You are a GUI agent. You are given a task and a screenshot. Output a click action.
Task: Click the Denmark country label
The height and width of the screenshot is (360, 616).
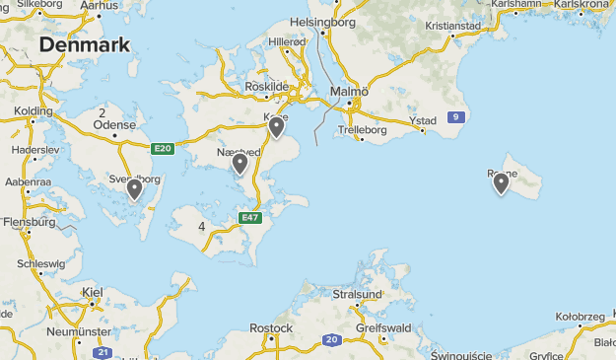tap(85, 46)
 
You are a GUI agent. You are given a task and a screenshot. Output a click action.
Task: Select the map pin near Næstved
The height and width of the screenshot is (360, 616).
tap(240, 164)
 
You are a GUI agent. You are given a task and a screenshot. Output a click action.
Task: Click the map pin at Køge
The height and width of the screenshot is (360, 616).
tap(277, 126)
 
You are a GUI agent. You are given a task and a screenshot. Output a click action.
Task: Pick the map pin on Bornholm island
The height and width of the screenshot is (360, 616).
tap(501, 182)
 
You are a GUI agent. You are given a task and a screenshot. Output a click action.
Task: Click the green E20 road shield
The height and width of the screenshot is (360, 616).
tap(164, 149)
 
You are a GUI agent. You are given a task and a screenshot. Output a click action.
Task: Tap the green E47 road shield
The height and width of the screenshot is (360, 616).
tap(250, 217)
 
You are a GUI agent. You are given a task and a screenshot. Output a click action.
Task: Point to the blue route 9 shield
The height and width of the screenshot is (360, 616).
tap(454, 117)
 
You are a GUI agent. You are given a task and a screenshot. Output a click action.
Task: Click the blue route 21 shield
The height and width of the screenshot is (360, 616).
tap(101, 352)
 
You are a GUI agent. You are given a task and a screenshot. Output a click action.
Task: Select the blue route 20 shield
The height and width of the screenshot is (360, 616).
tap(331, 340)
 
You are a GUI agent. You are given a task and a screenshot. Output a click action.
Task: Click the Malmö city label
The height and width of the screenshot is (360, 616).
tap(349, 92)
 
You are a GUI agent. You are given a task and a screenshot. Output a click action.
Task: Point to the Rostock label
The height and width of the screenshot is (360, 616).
tap(271, 327)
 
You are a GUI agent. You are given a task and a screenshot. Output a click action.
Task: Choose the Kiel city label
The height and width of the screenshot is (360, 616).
tap(93, 292)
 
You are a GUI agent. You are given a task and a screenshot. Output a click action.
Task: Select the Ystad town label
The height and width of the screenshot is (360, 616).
tap(422, 121)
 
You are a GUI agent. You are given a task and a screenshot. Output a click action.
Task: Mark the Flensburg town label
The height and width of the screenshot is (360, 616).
tap(27, 222)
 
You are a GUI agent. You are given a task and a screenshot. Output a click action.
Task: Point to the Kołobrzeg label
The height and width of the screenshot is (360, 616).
tap(580, 317)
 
